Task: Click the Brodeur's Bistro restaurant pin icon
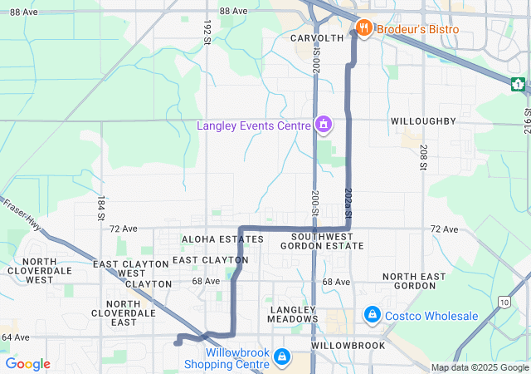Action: pyautogui.click(x=363, y=29)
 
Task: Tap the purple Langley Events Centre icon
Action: pyautogui.click(x=323, y=125)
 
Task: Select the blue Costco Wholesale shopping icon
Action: pyautogui.click(x=373, y=316)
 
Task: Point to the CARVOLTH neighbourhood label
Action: pyautogui.click(x=317, y=38)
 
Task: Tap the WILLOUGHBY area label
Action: pyautogui.click(x=423, y=121)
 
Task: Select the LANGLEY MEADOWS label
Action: pyautogui.click(x=294, y=313)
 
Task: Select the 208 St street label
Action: pyautogui.click(x=422, y=153)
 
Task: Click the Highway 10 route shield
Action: pyautogui.click(x=505, y=303)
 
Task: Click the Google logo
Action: pyautogui.click(x=27, y=364)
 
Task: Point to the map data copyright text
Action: pyautogui.click(x=480, y=367)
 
